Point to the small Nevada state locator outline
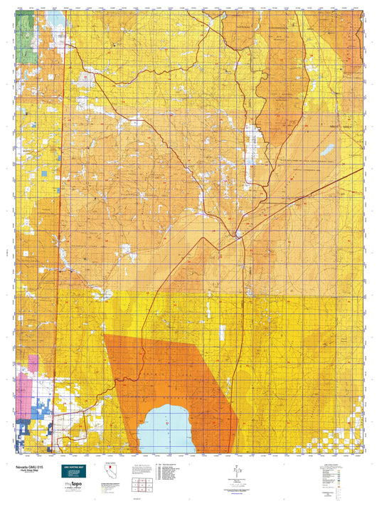click(x=110, y=473)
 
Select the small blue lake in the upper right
click(x=328, y=150)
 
